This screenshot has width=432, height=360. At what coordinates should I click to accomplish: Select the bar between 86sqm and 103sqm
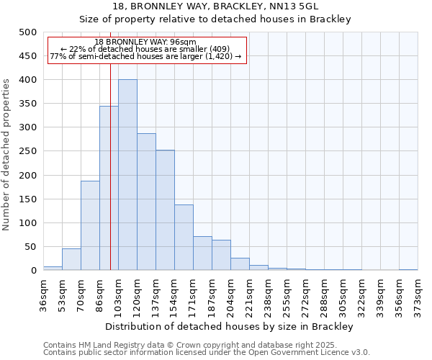point(109,189)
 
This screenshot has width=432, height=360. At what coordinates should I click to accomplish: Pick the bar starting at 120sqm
point(146,202)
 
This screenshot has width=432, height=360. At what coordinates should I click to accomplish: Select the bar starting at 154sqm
point(184,238)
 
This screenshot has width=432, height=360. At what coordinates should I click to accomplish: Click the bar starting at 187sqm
point(221,256)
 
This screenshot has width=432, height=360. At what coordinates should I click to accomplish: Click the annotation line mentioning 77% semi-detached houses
point(146,56)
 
